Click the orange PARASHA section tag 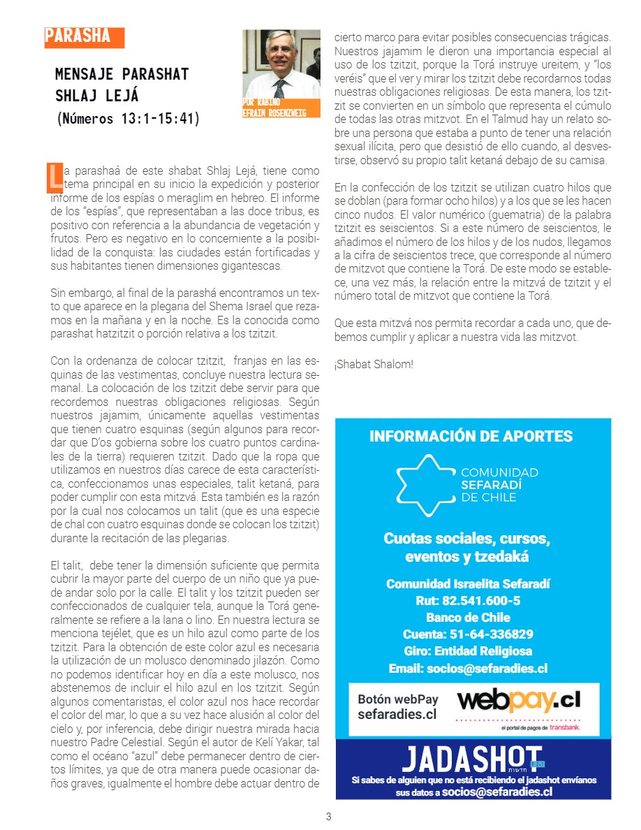pyautogui.click(x=83, y=37)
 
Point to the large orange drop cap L pyautogui.click(x=54, y=177)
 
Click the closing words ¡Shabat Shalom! pyautogui.click(x=374, y=365)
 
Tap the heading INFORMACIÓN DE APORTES pyautogui.click(x=471, y=437)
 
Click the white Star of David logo pyautogui.click(x=422, y=484)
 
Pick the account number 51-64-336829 pyautogui.click(x=468, y=634)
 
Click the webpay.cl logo pyautogui.click(x=518, y=701)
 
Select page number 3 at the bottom pyautogui.click(x=329, y=816)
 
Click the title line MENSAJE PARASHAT pyautogui.click(x=122, y=74)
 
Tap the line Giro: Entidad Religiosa pyautogui.click(x=468, y=651)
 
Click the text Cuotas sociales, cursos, pyautogui.click(x=467, y=539)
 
